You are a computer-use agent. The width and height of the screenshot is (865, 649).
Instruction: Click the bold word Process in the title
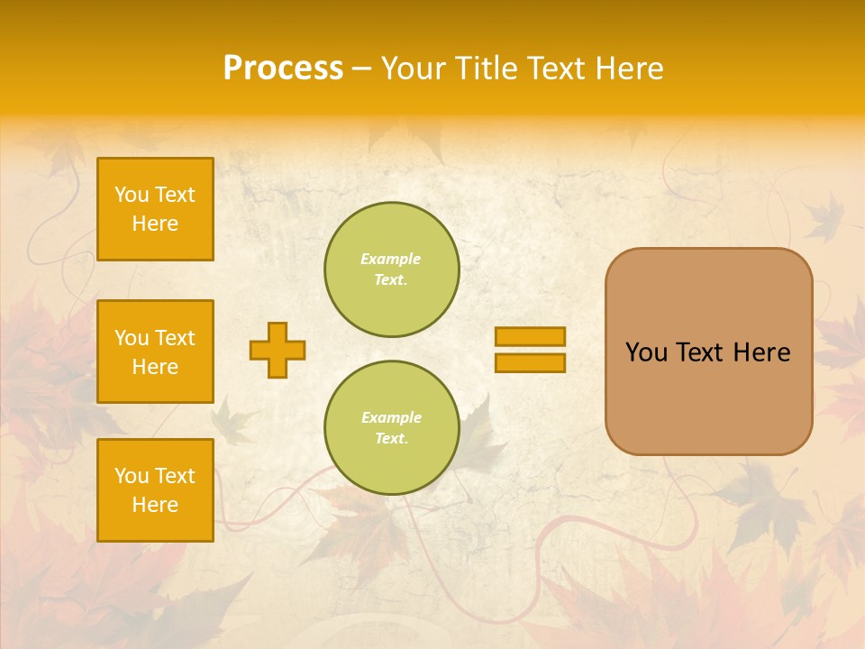click(x=283, y=69)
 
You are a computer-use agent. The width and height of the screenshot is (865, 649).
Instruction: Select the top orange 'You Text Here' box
click(x=155, y=209)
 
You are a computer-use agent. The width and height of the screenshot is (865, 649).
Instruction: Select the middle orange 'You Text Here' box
click(x=155, y=352)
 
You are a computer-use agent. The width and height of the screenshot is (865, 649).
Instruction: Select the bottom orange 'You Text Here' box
click(x=155, y=490)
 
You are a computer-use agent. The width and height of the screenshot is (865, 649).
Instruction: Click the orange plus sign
click(x=278, y=350)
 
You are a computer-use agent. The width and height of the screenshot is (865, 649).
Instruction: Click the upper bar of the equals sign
click(x=530, y=337)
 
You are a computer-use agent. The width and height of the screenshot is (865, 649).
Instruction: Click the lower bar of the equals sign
click(x=530, y=363)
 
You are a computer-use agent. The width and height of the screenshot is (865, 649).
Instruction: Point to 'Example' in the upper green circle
click(x=391, y=259)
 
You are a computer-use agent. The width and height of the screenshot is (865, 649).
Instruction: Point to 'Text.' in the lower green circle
click(x=391, y=439)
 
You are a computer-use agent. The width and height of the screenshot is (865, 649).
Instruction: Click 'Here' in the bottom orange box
click(x=155, y=505)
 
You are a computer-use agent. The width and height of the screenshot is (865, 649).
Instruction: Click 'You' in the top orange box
click(x=132, y=195)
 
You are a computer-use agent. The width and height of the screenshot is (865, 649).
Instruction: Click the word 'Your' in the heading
click(x=413, y=69)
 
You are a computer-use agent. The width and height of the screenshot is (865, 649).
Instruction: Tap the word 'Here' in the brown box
click(x=761, y=352)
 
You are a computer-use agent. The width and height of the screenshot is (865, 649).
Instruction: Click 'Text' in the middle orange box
click(x=174, y=338)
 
